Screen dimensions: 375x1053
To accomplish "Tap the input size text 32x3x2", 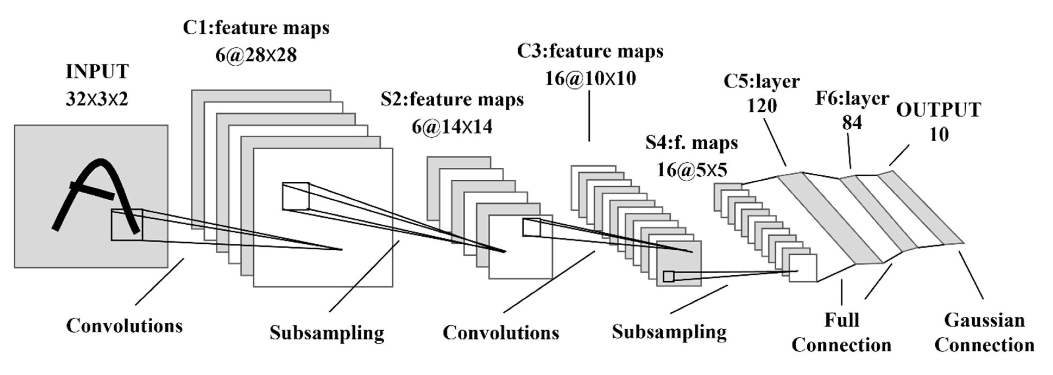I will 97,99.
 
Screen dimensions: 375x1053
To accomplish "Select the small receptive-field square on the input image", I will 127,225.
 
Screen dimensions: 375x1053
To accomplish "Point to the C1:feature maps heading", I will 256,28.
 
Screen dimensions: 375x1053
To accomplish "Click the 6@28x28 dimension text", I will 256,55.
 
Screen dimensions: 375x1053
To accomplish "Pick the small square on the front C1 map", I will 295,196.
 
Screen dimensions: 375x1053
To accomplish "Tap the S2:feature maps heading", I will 452,99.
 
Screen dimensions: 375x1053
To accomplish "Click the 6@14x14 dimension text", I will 452,127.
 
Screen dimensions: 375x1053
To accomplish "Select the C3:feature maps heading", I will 590,51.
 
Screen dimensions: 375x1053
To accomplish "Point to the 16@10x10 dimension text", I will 590,78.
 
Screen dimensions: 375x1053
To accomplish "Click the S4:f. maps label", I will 692,142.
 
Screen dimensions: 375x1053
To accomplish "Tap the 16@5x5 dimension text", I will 692,170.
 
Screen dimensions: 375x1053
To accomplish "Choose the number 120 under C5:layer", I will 762,106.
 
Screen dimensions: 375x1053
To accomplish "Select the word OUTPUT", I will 938,109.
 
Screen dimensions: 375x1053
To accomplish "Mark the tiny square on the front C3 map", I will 531,228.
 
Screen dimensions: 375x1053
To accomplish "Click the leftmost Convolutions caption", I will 124,326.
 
